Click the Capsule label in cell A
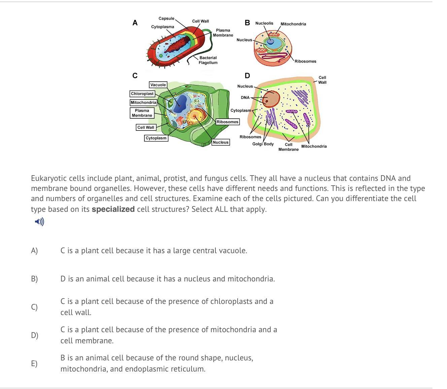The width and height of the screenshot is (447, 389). click(166, 18)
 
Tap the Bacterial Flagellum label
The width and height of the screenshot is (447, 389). click(208, 60)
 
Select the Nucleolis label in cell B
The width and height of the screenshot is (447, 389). click(264, 23)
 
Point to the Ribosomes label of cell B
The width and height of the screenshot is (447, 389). click(305, 61)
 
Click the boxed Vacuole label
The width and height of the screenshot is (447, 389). click(158, 85)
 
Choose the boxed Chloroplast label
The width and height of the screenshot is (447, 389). click(142, 94)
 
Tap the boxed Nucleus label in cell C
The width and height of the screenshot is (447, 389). click(221, 142)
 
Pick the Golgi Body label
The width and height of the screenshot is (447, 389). click(263, 144)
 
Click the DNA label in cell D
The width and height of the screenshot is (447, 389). click(245, 98)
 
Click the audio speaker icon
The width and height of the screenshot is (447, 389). click(39, 222)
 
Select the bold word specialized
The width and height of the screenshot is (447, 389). click(113, 209)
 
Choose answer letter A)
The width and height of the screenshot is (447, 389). click(34, 250)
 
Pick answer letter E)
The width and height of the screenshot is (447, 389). click(34, 363)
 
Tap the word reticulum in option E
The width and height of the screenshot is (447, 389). click(190, 369)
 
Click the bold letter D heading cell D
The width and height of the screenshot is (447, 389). click(247, 75)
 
